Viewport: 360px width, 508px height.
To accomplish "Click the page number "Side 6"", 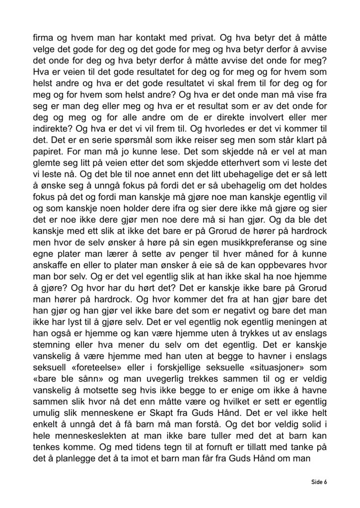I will click(x=319, y=482).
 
